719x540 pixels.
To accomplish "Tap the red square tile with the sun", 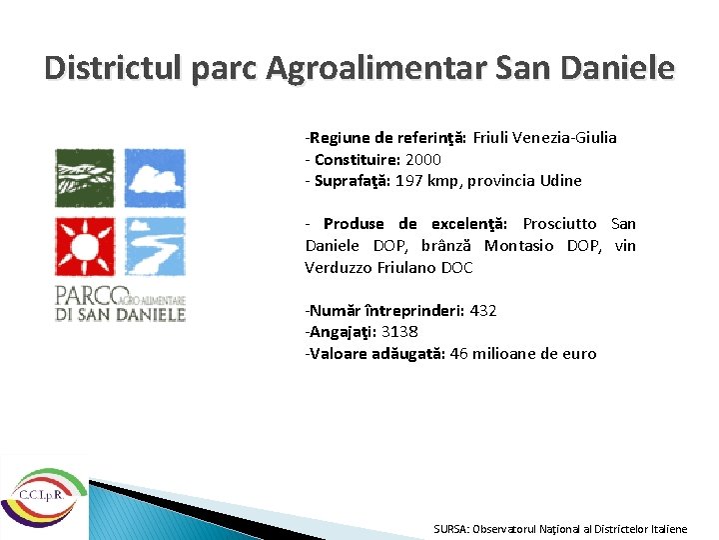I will (x=84, y=245).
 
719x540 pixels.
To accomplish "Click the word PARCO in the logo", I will (x=86, y=297).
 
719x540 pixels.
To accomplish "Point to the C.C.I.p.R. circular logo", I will (x=41, y=496).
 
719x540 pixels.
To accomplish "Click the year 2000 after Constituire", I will (x=423, y=159).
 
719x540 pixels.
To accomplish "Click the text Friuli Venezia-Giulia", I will (x=544, y=138).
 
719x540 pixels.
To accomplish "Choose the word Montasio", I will (x=520, y=246).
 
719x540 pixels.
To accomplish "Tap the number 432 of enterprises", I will (x=482, y=310).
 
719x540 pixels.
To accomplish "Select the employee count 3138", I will (x=399, y=332).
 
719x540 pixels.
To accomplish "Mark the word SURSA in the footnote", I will (x=451, y=529).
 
